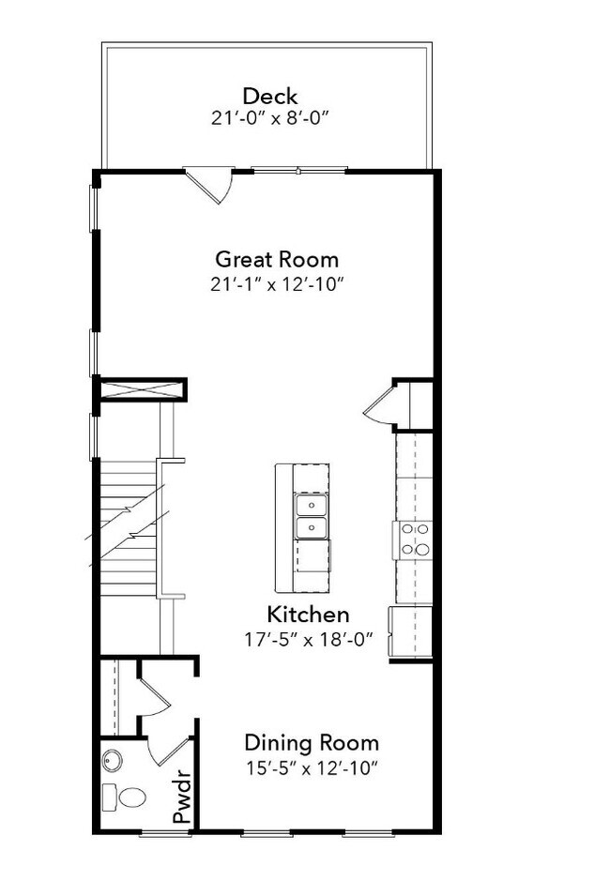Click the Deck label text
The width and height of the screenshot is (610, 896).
(x=270, y=96)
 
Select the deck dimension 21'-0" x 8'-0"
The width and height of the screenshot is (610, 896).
(x=270, y=118)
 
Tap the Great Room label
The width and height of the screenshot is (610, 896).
(x=277, y=259)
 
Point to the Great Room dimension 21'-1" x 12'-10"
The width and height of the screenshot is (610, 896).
(x=277, y=283)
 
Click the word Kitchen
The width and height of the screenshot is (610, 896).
(x=308, y=615)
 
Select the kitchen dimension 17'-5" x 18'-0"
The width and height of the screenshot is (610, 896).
(x=308, y=640)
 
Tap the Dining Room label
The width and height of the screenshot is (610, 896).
(x=312, y=743)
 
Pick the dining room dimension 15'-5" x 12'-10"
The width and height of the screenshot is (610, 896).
(x=312, y=767)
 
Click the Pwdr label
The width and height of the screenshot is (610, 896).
(x=183, y=797)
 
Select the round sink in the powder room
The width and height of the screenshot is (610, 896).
(x=114, y=760)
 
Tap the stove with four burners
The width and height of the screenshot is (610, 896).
(x=414, y=539)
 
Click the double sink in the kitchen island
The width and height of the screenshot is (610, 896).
(x=311, y=517)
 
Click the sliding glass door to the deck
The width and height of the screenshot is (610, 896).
(x=299, y=170)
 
